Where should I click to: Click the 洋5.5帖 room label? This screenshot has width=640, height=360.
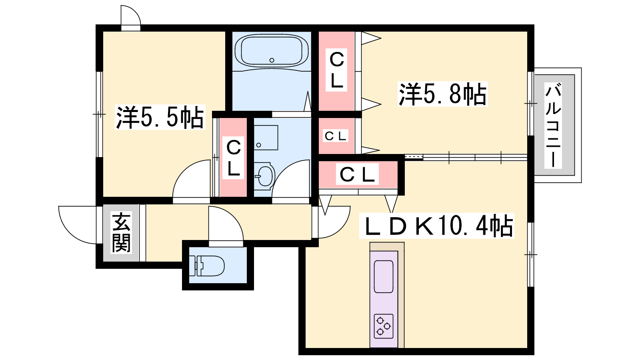(160, 117)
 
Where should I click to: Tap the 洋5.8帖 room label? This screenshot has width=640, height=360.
(442, 94)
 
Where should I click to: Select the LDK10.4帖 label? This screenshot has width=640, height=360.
(436, 226)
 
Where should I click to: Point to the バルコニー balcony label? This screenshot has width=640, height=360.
(553, 125)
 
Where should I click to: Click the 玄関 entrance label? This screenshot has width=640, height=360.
(122, 232)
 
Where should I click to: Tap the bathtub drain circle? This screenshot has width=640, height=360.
(272, 60)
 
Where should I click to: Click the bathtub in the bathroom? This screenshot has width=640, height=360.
(272, 51)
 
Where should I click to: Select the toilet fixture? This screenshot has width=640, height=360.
(206, 266)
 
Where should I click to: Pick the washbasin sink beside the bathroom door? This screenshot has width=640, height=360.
(264, 176)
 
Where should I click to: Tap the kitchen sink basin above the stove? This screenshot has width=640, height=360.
(384, 276)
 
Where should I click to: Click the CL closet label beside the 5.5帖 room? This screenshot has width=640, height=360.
(233, 158)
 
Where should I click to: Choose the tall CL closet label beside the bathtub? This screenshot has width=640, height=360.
(336, 70)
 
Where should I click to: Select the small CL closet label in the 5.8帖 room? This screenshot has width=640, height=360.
(336, 136)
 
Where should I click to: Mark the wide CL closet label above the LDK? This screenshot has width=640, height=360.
(357, 174)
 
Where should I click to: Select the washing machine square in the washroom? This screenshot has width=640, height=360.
(266, 138)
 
